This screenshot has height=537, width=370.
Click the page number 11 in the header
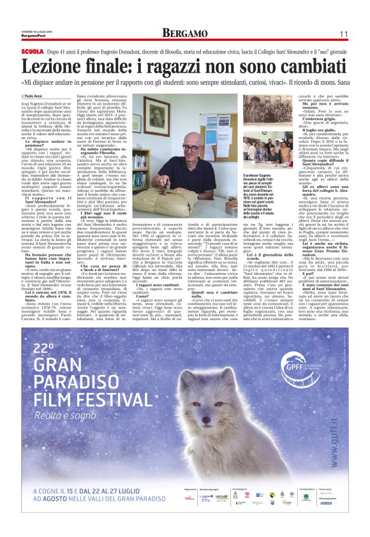click(343, 33)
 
